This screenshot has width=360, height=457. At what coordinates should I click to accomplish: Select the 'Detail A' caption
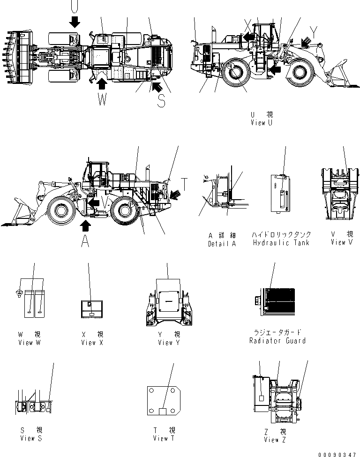click(222, 244)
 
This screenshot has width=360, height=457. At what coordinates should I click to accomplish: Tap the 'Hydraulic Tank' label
click(281, 243)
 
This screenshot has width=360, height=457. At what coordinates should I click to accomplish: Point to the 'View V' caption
click(341, 242)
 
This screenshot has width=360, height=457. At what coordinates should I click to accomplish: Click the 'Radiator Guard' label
click(277, 341)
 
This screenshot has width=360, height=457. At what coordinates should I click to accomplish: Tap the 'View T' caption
click(164, 438)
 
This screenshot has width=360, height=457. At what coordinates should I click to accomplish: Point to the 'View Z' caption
click(274, 440)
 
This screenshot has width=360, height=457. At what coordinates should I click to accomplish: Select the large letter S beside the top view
click(161, 100)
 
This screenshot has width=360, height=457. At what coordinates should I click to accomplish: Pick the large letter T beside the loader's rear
click(185, 185)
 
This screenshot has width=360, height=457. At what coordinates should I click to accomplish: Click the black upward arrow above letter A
click(85, 225)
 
